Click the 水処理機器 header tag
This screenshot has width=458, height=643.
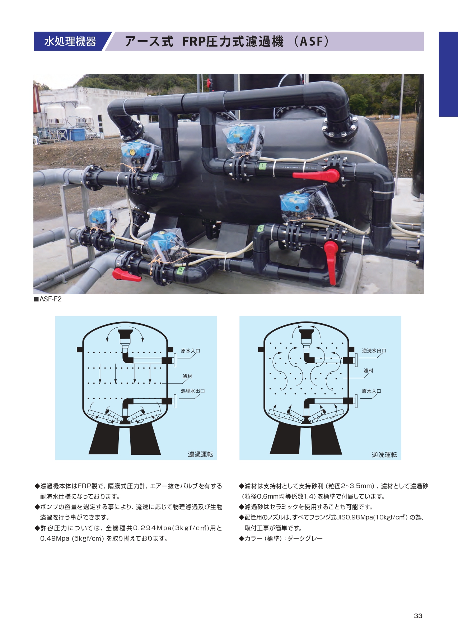[70, 41]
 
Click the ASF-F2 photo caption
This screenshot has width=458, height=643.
[48, 299]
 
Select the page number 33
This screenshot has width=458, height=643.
[418, 616]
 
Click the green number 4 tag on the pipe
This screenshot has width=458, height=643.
[260, 228]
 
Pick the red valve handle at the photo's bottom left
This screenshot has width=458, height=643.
[127, 275]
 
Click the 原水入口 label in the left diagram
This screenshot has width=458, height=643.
[190, 351]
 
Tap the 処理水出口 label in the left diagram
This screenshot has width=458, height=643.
[193, 391]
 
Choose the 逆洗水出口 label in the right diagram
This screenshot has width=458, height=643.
[374, 351]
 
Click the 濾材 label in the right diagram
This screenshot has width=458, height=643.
[368, 371]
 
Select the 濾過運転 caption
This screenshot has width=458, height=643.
[201, 454]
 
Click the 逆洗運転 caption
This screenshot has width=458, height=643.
[384, 455]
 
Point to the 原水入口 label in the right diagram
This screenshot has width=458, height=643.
[371, 391]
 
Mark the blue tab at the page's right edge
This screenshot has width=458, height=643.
[448, 74]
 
